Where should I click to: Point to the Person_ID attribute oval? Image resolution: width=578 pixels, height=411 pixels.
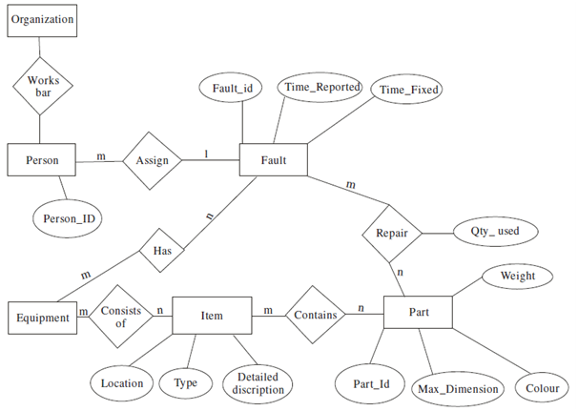[68, 217]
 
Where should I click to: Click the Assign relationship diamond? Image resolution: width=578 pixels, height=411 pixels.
[153, 160]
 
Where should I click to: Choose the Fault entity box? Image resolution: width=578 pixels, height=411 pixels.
[273, 160]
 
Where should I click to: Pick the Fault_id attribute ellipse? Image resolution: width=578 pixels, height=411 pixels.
[233, 88]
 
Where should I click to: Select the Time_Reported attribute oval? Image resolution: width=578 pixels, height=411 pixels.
[321, 87]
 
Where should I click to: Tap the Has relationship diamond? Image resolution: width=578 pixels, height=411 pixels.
[160, 251]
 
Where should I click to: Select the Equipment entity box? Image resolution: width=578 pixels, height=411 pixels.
[42, 317]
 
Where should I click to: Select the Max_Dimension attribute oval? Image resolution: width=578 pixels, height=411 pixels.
[456, 388]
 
